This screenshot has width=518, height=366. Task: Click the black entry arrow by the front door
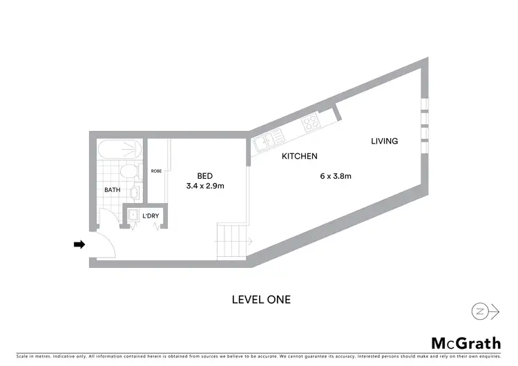(x=79, y=244)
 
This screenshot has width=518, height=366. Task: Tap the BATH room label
(x=113, y=189)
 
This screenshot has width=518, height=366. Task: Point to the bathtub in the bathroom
(x=120, y=150)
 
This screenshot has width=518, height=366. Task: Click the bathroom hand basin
(x=137, y=191)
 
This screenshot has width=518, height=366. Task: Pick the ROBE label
(x=156, y=171)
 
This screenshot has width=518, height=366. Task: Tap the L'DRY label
(x=151, y=216)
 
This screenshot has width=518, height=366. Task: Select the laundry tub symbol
(x=132, y=215)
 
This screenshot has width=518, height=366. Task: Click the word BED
(x=204, y=175)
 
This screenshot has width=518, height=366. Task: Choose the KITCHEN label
(x=299, y=157)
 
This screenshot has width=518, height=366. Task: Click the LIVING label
(x=385, y=141)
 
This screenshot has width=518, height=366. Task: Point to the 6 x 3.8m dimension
(x=336, y=176)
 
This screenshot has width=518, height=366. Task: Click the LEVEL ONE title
(x=260, y=300)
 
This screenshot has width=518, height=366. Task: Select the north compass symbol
(x=486, y=311)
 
